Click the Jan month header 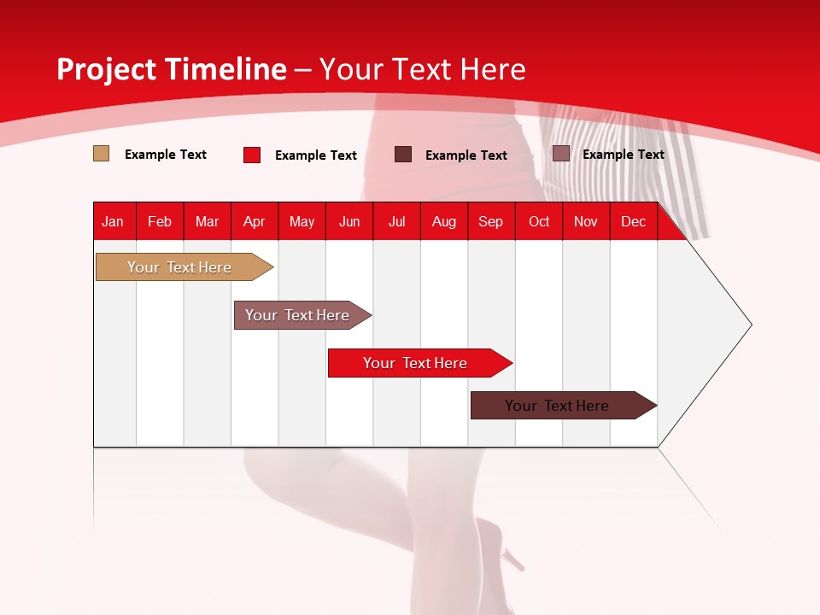(113, 222)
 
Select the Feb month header (160, 222)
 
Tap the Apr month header (255, 222)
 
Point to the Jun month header (349, 222)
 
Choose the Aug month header (444, 222)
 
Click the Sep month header (491, 222)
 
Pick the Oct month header (539, 222)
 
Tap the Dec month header (634, 222)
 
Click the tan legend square (101, 154)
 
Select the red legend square (252, 155)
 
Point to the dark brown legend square (403, 154)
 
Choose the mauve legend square (561, 154)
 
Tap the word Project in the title (107, 70)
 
